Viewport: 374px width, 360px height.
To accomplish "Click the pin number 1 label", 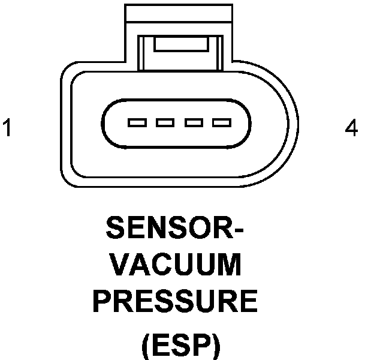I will (x=7, y=128).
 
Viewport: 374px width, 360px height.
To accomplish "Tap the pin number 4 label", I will (x=352, y=128).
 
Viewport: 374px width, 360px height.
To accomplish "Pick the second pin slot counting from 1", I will (x=165, y=124).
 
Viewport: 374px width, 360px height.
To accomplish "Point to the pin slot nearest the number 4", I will (x=222, y=124).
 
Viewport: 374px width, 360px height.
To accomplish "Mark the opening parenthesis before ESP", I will (x=145, y=347).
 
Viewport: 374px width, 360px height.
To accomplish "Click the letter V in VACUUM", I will (x=122, y=265).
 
